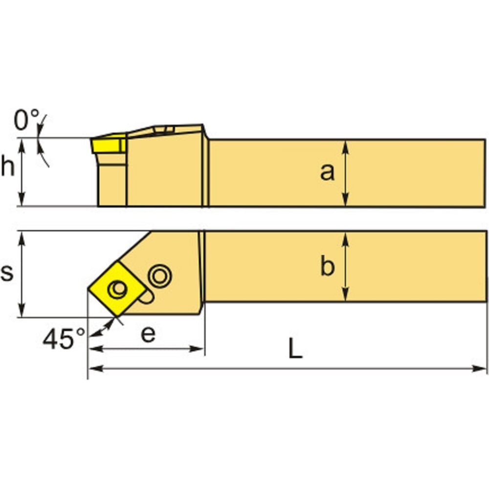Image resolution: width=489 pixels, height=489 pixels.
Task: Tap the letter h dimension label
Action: (x=8, y=166)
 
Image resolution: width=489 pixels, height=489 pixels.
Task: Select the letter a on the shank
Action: (x=327, y=172)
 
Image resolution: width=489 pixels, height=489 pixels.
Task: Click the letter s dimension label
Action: (x=7, y=272)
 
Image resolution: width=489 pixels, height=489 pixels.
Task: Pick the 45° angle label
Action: (x=64, y=339)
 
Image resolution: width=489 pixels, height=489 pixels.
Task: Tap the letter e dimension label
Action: (x=148, y=334)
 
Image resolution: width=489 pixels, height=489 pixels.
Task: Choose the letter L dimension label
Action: (x=295, y=349)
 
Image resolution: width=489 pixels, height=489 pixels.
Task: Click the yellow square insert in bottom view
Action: (x=117, y=289)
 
